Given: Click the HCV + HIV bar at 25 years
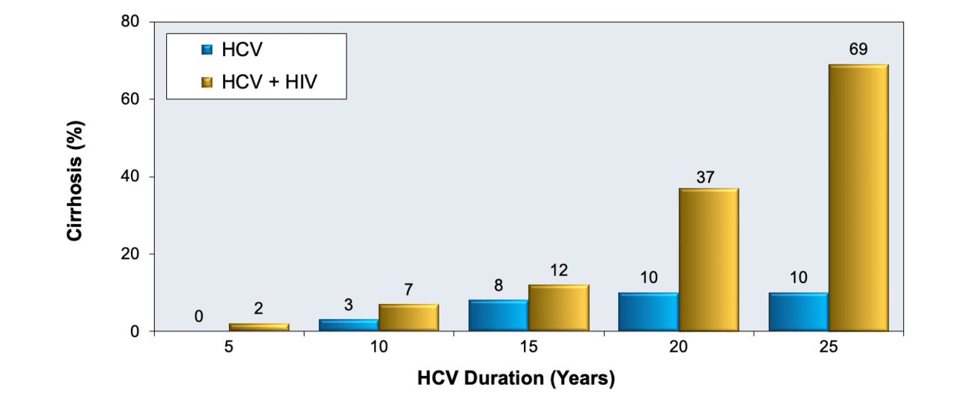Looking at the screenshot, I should [x=858, y=198].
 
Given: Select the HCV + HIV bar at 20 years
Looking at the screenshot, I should [x=708, y=260].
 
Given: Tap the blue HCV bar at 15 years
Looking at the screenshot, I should [x=498, y=316].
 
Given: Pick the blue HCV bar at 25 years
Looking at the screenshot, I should [x=798, y=312].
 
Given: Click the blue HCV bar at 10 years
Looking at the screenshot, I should [x=349, y=326].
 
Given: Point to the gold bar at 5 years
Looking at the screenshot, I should [x=259, y=327].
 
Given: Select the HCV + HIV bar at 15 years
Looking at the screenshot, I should [x=558, y=308].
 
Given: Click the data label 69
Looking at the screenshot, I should [x=858, y=50].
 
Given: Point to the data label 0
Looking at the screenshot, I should [x=199, y=317].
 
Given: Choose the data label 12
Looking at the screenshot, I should [x=558, y=270].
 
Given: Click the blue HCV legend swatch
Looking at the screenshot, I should [x=207, y=50].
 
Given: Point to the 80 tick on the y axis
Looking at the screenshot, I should [x=131, y=22].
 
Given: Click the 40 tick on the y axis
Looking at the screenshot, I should [x=131, y=177].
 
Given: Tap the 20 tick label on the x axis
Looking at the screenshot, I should [x=678, y=350].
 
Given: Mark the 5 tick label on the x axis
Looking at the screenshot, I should [x=229, y=350].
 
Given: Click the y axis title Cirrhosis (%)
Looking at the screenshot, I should [x=75, y=177].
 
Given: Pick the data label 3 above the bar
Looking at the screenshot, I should [x=349, y=305].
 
